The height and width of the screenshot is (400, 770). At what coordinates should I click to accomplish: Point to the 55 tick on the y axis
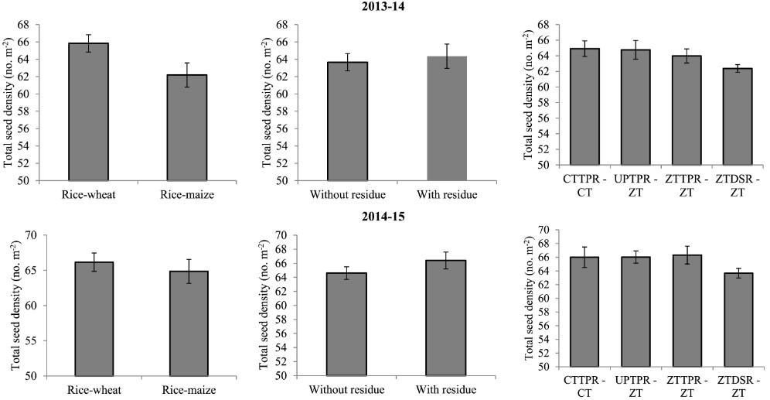pos(30,340)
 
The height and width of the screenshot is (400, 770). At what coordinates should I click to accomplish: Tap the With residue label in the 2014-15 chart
pos(446,390)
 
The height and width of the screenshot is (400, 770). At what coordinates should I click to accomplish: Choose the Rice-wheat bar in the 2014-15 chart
pos(94,318)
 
